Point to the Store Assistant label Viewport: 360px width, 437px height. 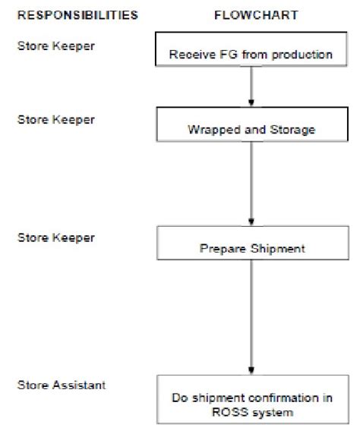coord(62,385)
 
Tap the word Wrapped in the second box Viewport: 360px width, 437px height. coord(207,130)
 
